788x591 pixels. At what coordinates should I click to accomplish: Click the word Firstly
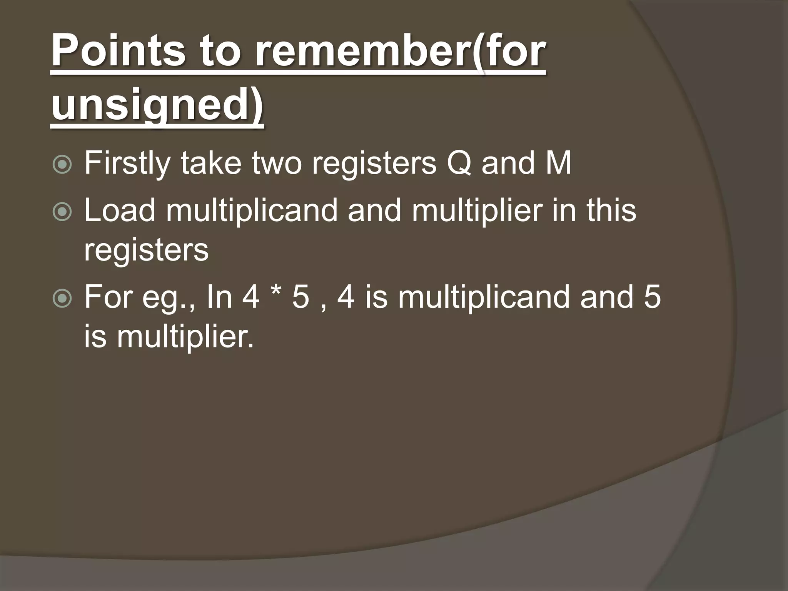click(x=127, y=164)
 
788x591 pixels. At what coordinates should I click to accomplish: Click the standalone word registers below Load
click(x=146, y=250)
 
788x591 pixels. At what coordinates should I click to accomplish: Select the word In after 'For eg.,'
click(x=219, y=297)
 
